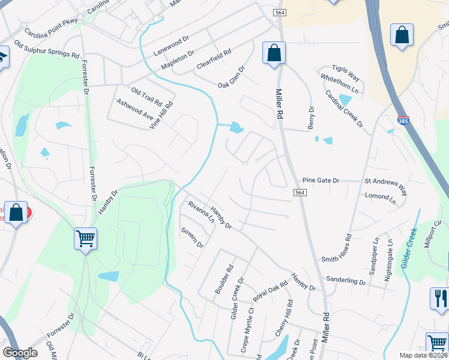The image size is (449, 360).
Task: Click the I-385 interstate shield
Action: click(x=403, y=121)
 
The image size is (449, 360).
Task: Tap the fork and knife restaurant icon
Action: click(x=439, y=299)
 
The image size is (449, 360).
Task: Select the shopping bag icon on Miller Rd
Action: click(x=274, y=53)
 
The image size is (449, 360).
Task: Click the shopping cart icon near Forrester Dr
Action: click(x=85, y=238)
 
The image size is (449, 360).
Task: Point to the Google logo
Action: click(x=20, y=353)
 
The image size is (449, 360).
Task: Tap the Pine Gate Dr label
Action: click(x=321, y=180)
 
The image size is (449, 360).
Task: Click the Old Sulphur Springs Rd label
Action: click(x=47, y=50)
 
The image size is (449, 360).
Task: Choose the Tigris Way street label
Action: click(x=347, y=73)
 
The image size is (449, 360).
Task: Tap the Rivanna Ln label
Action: click(x=200, y=212)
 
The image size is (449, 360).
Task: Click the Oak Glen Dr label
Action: click(x=232, y=76)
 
